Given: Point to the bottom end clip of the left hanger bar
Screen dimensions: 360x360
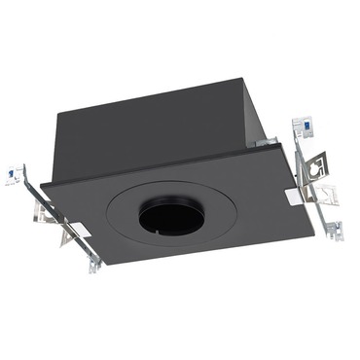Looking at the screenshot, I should coord(94,264).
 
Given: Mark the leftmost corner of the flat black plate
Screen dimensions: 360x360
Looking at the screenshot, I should coord(40,183).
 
